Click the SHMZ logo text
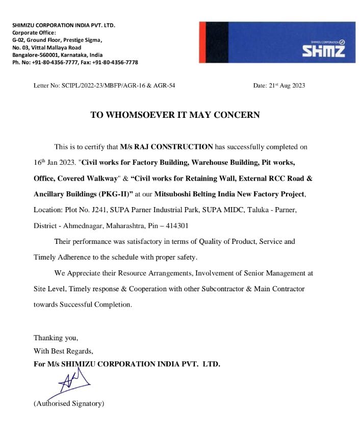[323, 51]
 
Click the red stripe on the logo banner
[203, 42]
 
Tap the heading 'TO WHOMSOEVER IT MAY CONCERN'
[175, 115]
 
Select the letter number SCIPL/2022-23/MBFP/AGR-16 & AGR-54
[118, 86]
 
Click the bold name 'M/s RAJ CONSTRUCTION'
[166, 147]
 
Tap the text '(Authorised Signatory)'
[69, 404]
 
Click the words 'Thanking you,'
[56, 338]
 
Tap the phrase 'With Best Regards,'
[64, 351]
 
